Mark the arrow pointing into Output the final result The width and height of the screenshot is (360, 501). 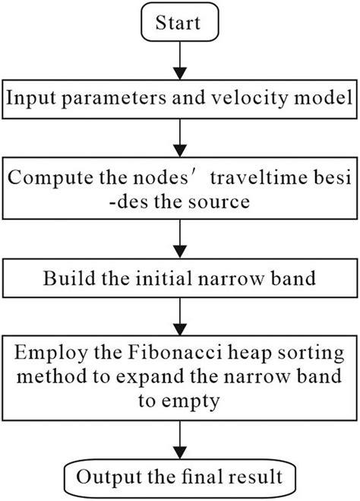pos(179,439)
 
